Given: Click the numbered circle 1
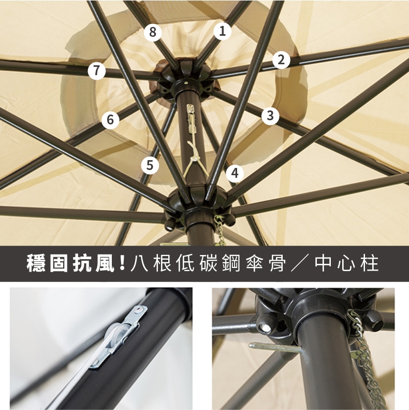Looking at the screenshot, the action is [x=223, y=31].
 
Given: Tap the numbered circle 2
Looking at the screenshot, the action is [x=281, y=60].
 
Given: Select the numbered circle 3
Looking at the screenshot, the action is [x=270, y=115].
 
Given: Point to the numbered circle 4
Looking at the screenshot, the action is [x=235, y=173].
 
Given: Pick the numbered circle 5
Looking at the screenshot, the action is [x=150, y=165].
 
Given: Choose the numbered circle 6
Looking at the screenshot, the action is [x=110, y=120].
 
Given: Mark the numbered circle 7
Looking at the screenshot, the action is [x=97, y=70].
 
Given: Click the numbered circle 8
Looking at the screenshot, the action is [x=153, y=32].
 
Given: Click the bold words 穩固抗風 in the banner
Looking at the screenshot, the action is [x=70, y=263].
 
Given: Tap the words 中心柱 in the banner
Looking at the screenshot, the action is [x=346, y=263].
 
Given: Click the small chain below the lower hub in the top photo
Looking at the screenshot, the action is [x=220, y=230].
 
